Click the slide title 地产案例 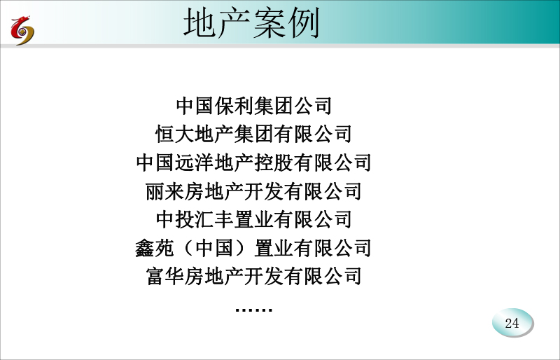[251, 23]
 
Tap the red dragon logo [22, 30]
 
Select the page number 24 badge [512, 323]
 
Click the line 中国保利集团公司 [254, 106]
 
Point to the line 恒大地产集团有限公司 [253, 134]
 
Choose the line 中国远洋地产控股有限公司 [253, 162]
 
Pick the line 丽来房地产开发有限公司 [253, 191]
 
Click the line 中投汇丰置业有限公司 [254, 219]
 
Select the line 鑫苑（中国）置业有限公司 [253, 248]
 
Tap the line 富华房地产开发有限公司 [253, 276]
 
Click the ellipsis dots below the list [254, 310]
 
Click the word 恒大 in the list [175, 134]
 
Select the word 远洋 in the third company [195, 162]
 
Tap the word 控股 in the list [273, 162]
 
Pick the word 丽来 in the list [164, 191]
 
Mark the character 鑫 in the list [145, 248]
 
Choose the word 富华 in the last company [165, 276]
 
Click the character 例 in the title [304, 23]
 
